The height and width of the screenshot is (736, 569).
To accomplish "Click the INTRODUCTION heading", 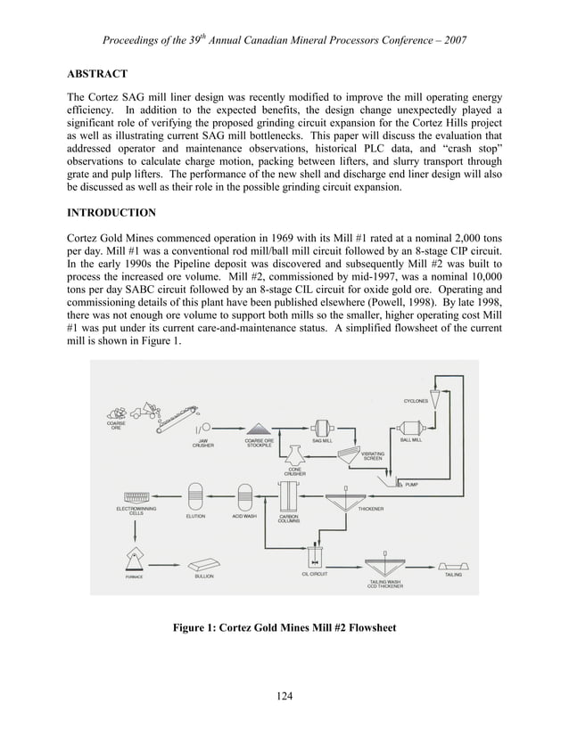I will tap(111, 213).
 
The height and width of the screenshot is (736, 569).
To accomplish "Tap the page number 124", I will tap(284, 696).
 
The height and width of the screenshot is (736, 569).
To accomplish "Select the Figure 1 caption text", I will tap(284, 627).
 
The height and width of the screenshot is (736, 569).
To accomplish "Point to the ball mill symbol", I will tap(412, 427).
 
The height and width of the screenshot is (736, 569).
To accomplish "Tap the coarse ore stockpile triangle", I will tap(259, 428).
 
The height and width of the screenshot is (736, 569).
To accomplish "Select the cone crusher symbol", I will tap(295, 456).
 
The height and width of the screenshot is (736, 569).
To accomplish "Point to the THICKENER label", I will tap(371, 509).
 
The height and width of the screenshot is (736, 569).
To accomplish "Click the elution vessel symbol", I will tap(195, 495).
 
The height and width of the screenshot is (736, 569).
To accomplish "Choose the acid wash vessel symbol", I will tap(244, 495).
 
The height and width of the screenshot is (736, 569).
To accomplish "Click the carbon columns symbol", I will tap(288, 495).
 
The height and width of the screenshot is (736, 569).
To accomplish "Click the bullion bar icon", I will tap(204, 562).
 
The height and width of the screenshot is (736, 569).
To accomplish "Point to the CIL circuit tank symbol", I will tap(314, 558).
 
